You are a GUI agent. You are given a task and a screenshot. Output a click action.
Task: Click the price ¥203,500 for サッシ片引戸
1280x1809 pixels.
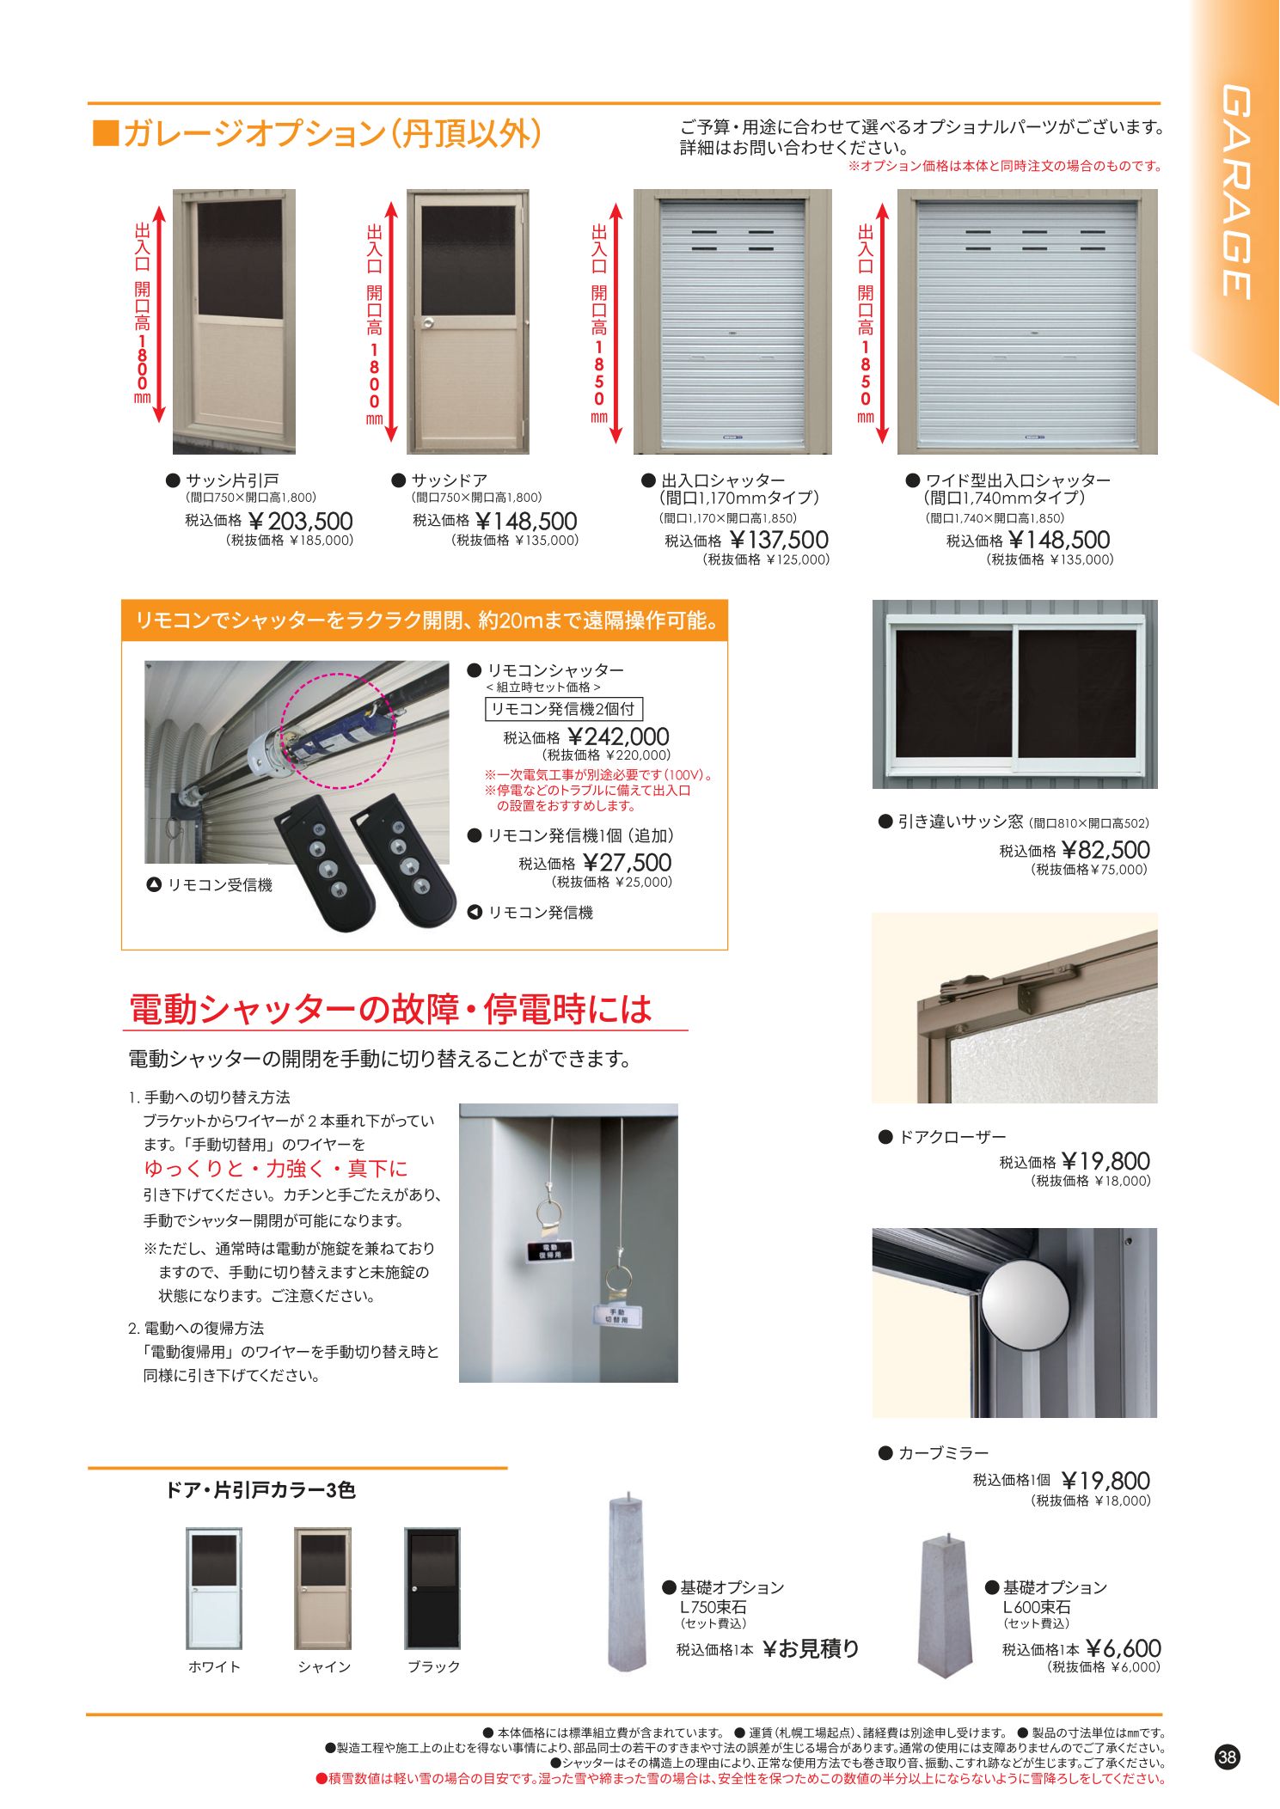pyautogui.click(x=301, y=522)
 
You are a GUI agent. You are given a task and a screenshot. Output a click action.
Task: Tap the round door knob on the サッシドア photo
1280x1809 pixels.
pyautogui.click(x=427, y=323)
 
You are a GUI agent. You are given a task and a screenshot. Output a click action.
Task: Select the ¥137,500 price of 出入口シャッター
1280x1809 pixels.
pyautogui.click(x=779, y=541)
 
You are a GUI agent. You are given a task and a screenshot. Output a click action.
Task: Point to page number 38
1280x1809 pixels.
pyautogui.click(x=1227, y=1757)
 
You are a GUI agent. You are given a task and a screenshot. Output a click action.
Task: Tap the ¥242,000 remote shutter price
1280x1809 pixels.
pyautogui.click(x=619, y=736)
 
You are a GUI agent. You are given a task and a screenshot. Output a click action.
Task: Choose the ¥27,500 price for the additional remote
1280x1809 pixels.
pyautogui.click(x=628, y=863)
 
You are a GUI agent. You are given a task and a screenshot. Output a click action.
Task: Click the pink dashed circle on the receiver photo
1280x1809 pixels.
pyautogui.click(x=338, y=730)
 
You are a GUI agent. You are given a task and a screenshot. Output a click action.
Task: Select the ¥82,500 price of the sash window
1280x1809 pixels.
pyautogui.click(x=1105, y=850)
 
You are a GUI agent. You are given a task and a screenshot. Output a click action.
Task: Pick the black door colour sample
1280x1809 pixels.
pyautogui.click(x=432, y=1587)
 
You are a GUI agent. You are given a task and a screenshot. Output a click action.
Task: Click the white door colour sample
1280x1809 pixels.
pyautogui.click(x=214, y=1587)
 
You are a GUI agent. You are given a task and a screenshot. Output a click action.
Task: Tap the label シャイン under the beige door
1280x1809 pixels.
pyautogui.click(x=324, y=1666)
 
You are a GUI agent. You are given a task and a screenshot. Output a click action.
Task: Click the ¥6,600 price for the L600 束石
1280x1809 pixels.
pyautogui.click(x=1123, y=1648)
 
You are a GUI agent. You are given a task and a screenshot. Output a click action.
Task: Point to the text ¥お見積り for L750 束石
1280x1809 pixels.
pyautogui.click(x=811, y=1648)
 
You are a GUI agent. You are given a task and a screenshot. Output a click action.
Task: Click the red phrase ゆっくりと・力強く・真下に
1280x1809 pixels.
pyautogui.click(x=276, y=1169)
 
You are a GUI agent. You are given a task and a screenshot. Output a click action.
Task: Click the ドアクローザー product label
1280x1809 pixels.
pyautogui.click(x=952, y=1137)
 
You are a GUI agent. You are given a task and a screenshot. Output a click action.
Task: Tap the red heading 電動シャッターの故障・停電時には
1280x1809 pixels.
pyautogui.click(x=391, y=1010)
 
